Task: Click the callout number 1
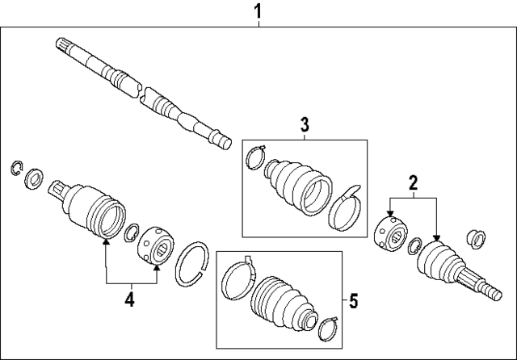coord(258,11)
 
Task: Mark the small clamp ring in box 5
coord(329,329)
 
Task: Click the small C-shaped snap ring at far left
coord(15,168)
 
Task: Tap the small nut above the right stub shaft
coord(477,237)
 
